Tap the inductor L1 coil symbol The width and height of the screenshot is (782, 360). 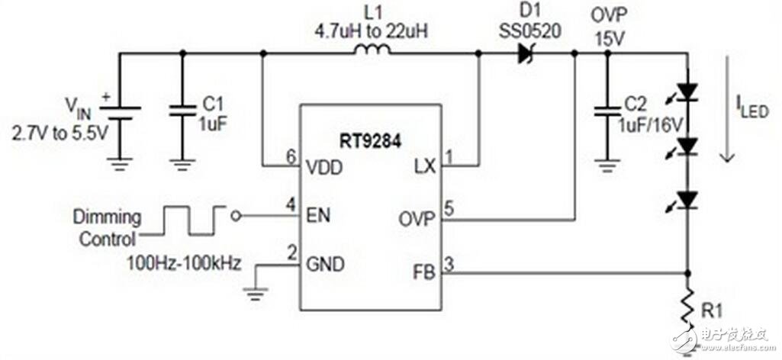pos(372,50)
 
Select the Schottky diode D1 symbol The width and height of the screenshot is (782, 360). pos(526,53)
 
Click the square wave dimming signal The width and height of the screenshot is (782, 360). pos(194,219)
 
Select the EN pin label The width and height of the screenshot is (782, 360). pos(320,216)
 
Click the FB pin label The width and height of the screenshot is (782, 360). pos(423,272)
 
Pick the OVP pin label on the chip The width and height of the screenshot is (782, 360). pos(416,219)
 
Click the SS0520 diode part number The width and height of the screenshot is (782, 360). pos(525,33)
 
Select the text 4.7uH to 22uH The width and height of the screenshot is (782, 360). pos(372,32)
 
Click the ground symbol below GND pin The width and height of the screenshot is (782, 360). pos(256,286)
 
